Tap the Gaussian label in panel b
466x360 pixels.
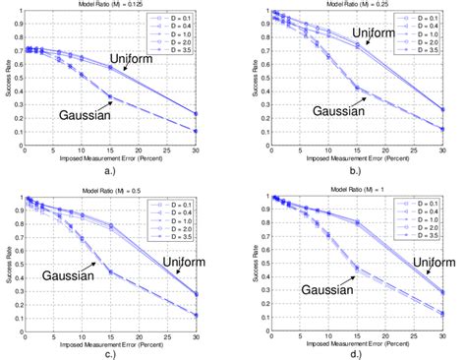click(x=320, y=110)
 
